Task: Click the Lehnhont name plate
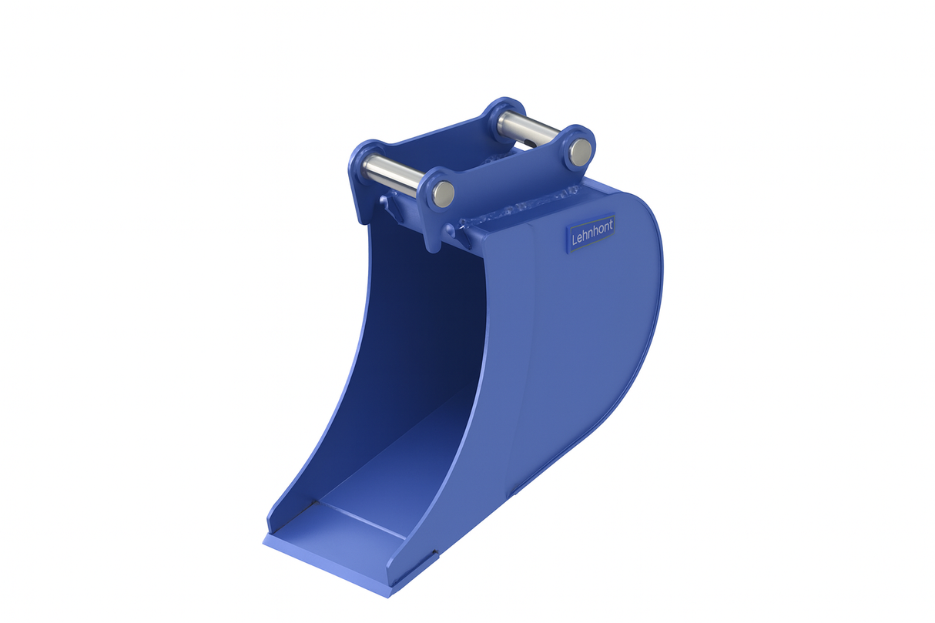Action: click(x=591, y=232)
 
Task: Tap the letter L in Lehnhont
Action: click(x=575, y=239)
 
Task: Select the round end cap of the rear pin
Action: click(x=581, y=150)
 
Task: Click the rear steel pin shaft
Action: click(x=528, y=129)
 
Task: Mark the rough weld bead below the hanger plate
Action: click(x=516, y=209)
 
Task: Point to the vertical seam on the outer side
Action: click(x=531, y=347)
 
